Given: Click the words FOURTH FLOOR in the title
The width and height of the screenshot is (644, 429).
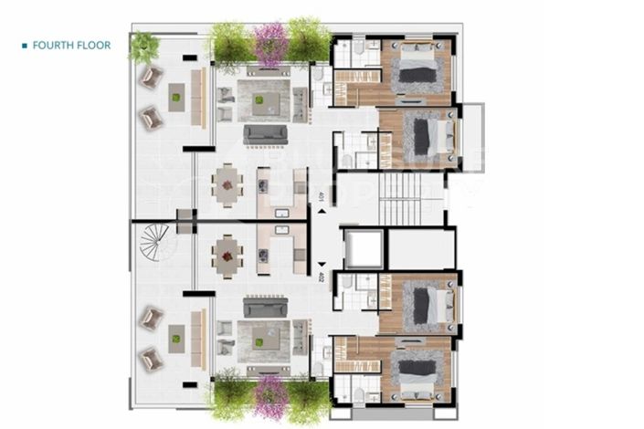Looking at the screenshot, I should coord(71,45).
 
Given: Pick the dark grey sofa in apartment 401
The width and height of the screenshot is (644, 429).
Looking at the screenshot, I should coord(265,134).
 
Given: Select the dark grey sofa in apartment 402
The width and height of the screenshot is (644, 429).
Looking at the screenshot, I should coord(265,309).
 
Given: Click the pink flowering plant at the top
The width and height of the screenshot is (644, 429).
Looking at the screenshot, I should coord(269,41).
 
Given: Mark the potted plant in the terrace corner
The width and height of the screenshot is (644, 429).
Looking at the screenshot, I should coord(143,47).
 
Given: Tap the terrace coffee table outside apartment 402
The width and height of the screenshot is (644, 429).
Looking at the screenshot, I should coord(176,339).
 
